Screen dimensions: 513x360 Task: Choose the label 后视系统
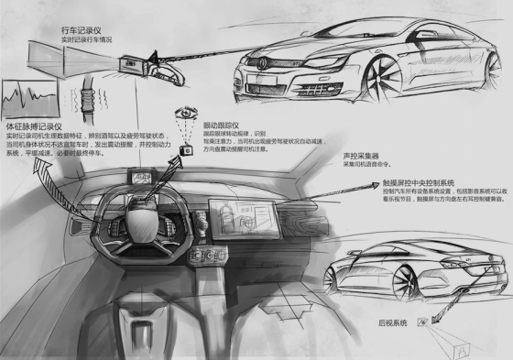click(x=391, y=322)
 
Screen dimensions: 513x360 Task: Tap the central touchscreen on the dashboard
click(x=231, y=219)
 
